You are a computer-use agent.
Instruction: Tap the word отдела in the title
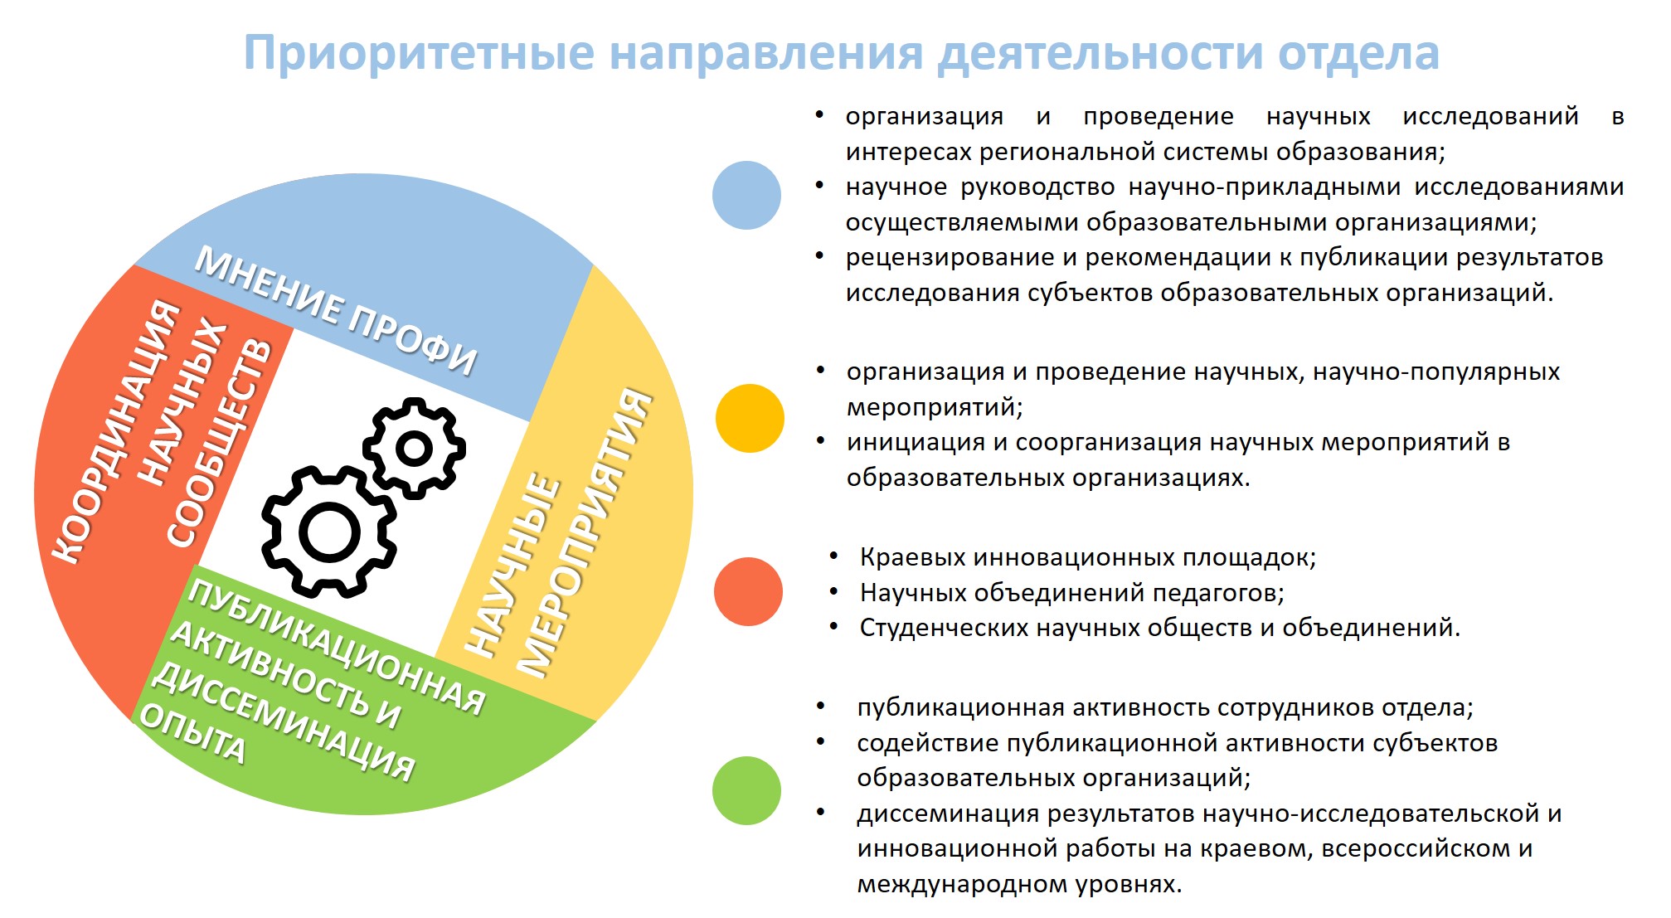[x=1358, y=53]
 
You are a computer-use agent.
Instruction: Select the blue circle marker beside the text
[x=746, y=195]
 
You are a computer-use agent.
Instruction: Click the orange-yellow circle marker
[x=750, y=418]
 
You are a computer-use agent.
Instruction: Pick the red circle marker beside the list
[x=748, y=591]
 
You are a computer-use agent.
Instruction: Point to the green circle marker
[x=746, y=790]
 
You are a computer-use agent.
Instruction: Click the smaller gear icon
[x=414, y=449]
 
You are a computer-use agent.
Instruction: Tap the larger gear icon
[x=328, y=532]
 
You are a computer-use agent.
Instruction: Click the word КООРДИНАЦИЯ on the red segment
[x=115, y=431]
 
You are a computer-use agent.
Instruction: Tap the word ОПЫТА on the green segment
[x=192, y=733]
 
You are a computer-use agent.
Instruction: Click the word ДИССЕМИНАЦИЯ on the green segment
[x=283, y=721]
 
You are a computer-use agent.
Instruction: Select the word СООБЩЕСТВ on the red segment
[x=219, y=443]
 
